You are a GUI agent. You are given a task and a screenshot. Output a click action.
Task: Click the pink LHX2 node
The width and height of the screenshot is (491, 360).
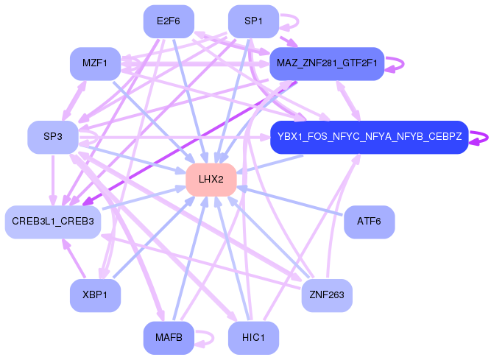coord(211,180)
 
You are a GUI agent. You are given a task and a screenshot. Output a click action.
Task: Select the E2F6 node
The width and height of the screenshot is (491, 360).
coord(168,21)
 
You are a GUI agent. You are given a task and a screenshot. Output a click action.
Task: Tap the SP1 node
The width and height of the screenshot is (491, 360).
coord(253,21)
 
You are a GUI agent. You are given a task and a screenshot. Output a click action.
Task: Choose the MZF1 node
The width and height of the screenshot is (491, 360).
coord(95,63)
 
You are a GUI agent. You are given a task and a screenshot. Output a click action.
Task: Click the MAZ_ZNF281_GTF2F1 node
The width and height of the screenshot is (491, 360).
coord(327,63)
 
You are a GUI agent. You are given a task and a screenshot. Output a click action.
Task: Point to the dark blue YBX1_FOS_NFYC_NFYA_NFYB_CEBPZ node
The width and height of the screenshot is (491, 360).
coord(369,136)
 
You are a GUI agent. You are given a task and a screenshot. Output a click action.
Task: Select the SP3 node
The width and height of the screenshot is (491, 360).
coord(52,136)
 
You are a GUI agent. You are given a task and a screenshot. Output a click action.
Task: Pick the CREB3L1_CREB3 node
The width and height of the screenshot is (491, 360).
coord(52,222)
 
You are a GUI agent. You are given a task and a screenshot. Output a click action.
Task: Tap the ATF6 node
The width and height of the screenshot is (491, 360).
coord(369,222)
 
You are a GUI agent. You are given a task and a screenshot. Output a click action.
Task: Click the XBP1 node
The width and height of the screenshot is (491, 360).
coord(95,295)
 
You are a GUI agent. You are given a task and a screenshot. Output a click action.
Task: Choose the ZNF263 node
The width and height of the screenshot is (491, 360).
coord(327,295)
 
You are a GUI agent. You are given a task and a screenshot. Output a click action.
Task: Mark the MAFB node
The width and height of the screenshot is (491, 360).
coord(168,338)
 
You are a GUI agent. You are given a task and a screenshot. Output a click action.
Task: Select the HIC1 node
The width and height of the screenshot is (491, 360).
coord(253,338)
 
